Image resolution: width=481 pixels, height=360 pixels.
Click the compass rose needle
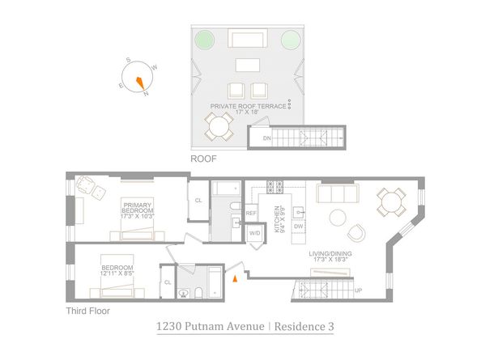tap(140, 80)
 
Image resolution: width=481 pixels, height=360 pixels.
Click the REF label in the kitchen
tap(251, 213)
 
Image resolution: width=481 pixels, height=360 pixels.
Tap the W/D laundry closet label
tap(254, 233)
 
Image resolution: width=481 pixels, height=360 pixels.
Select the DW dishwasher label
tap(299, 227)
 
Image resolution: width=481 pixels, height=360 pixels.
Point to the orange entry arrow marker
tap(235, 278)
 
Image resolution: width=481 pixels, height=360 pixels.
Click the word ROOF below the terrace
tap(202, 159)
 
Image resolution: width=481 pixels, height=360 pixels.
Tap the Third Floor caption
tap(87, 310)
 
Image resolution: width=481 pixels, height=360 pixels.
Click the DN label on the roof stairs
tap(266, 138)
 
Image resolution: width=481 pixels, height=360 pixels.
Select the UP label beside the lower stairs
tap(358, 289)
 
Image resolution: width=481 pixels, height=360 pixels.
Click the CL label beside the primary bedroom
tap(198, 201)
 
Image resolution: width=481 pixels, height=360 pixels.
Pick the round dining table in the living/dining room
tap(391, 202)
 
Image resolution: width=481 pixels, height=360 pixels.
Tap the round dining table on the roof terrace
tap(217, 125)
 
